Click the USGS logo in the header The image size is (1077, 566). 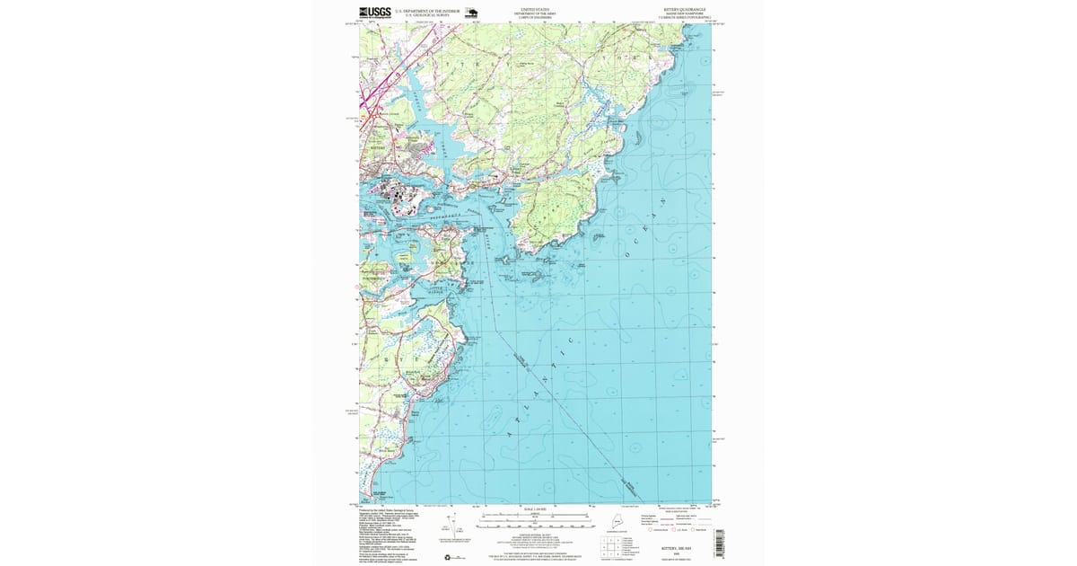click(x=375, y=13)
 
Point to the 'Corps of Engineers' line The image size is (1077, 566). click(x=534, y=18)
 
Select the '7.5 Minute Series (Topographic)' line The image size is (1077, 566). click(x=685, y=18)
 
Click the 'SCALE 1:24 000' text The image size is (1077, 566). click(x=534, y=509)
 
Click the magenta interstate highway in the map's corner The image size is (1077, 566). click(x=381, y=81)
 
